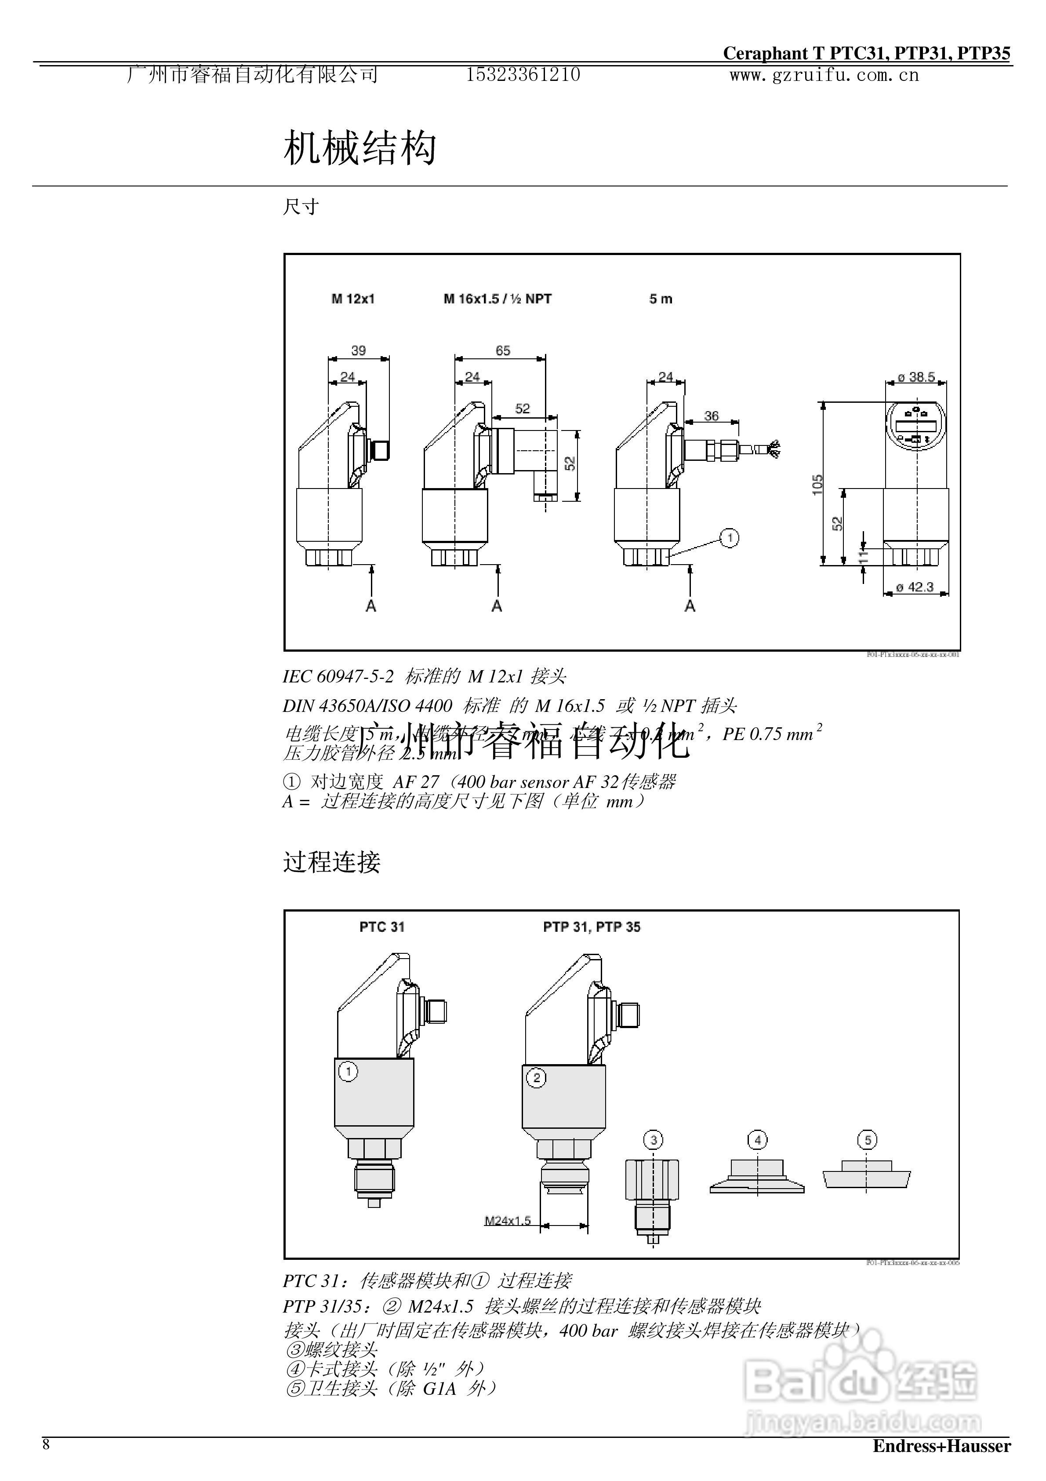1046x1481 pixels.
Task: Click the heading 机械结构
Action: click(x=360, y=148)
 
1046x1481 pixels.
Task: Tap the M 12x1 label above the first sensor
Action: click(x=353, y=299)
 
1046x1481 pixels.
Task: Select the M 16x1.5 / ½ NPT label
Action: click(x=497, y=299)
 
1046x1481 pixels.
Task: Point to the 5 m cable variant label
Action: click(x=661, y=299)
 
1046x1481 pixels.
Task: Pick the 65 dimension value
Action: click(x=502, y=350)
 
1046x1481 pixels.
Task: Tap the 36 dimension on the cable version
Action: click(x=711, y=416)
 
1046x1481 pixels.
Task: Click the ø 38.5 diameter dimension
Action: click(x=916, y=377)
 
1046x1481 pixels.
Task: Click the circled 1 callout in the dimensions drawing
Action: click(x=730, y=537)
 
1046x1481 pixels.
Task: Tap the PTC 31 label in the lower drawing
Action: click(x=382, y=927)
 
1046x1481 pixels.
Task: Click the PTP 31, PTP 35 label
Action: click(x=592, y=927)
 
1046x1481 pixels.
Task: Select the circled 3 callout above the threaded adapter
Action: click(x=653, y=1140)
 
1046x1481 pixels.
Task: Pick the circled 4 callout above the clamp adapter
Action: click(x=757, y=1140)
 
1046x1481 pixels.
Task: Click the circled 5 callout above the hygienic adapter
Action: click(x=868, y=1140)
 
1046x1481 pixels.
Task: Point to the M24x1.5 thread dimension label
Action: click(x=508, y=1220)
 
